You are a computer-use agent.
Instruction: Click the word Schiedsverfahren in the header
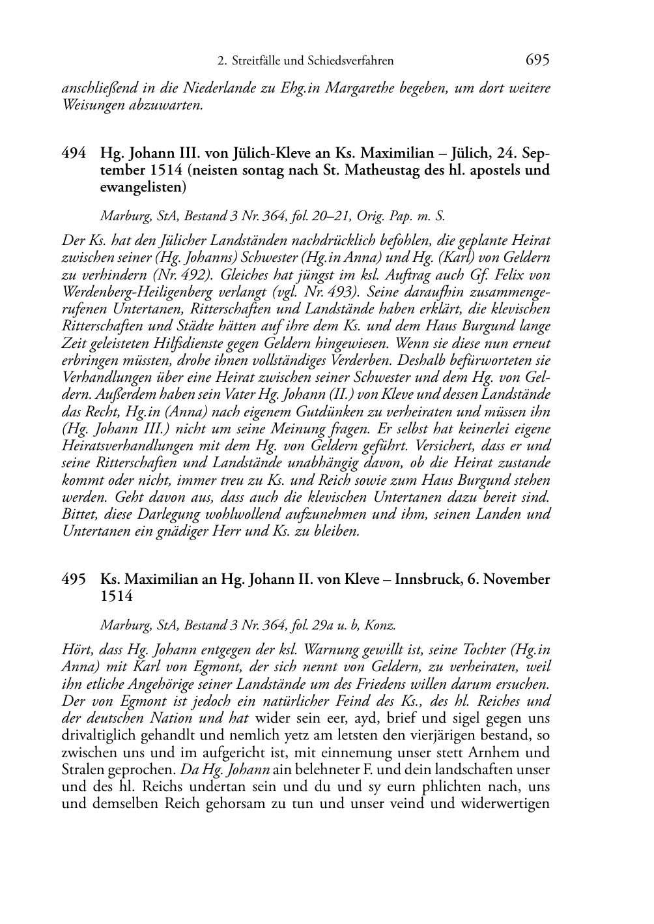(353, 61)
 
